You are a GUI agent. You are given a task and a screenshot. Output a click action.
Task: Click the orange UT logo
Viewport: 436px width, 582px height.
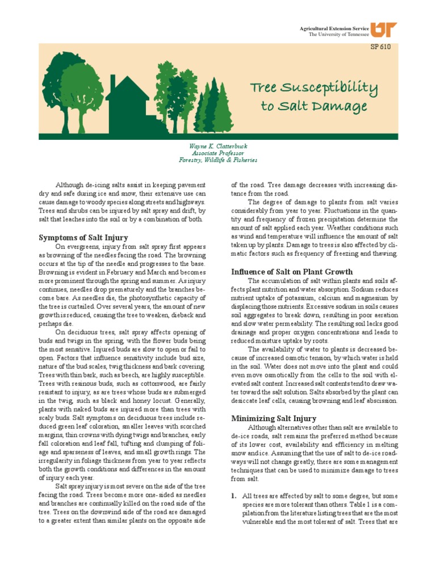click(384, 30)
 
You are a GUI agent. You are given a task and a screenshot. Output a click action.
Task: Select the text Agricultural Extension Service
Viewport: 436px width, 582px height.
click(333, 28)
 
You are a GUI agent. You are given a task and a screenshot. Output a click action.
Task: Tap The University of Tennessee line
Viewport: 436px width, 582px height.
click(338, 35)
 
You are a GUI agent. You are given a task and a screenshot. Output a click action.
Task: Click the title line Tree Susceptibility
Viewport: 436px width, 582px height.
click(314, 88)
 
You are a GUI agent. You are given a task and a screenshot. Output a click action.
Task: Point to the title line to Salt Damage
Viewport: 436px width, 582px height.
click(313, 106)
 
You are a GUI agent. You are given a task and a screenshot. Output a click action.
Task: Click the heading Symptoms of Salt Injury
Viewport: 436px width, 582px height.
click(83, 237)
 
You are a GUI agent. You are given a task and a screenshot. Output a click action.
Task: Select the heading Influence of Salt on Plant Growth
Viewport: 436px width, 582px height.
click(292, 272)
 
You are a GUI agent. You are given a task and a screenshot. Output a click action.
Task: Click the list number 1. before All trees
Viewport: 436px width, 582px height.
click(233, 496)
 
